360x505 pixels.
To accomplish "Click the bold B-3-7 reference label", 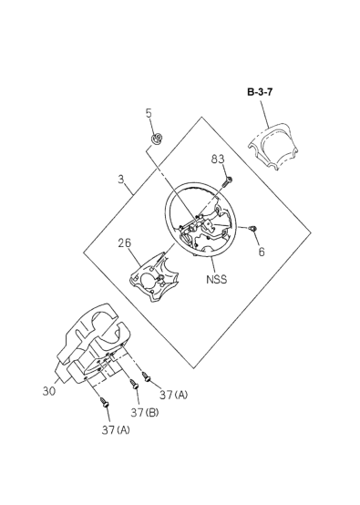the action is (x=260, y=92).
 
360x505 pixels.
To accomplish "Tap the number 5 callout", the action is (x=149, y=113).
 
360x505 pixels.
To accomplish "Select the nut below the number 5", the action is (x=157, y=139).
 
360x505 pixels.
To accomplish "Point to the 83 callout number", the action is (x=218, y=160).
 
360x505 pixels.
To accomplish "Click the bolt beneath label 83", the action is (x=227, y=181).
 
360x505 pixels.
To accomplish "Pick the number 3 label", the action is (x=121, y=179).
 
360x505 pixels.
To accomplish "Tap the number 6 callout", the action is (x=262, y=252).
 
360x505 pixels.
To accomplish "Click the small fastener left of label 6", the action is (x=253, y=229).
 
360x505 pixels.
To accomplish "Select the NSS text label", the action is (x=216, y=279).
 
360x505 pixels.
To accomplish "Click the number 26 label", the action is (x=124, y=243).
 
